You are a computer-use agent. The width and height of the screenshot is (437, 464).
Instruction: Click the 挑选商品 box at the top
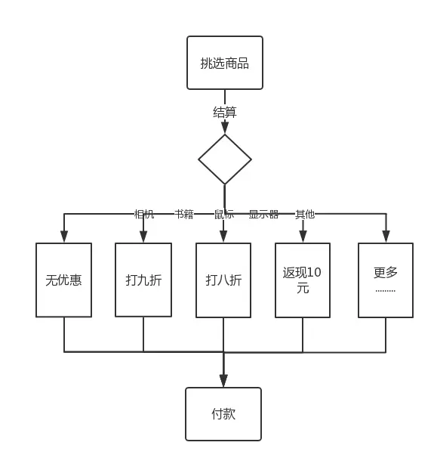[225, 63]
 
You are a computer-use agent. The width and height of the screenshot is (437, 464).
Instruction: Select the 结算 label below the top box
[225, 113]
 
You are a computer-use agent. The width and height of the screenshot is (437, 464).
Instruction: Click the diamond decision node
[225, 159]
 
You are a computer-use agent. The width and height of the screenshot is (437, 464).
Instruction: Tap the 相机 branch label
[144, 215]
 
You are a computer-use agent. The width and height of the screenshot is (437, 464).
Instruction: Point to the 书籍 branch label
[184, 215]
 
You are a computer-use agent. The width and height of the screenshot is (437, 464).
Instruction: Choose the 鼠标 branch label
[224, 215]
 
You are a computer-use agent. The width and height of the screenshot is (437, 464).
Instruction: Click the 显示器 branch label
[263, 215]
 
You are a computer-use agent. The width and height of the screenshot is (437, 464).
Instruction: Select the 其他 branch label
[305, 215]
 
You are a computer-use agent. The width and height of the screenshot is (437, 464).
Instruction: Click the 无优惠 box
[64, 280]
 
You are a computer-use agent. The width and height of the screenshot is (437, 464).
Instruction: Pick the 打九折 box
[143, 280]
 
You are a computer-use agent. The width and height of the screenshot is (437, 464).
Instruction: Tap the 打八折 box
[223, 280]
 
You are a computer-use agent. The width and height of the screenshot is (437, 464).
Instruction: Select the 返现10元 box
[303, 280]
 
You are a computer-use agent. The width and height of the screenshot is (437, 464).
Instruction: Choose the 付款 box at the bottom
[223, 414]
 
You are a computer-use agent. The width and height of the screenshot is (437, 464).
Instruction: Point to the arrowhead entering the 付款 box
[223, 381]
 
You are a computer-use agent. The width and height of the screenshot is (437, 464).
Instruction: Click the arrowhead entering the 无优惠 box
[64, 237]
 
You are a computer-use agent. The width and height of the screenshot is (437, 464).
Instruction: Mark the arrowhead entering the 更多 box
[386, 237]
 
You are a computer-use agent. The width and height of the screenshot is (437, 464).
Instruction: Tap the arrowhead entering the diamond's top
[225, 128]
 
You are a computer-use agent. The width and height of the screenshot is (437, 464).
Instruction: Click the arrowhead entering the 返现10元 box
[303, 237]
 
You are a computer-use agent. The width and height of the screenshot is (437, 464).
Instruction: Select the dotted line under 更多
[385, 290]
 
